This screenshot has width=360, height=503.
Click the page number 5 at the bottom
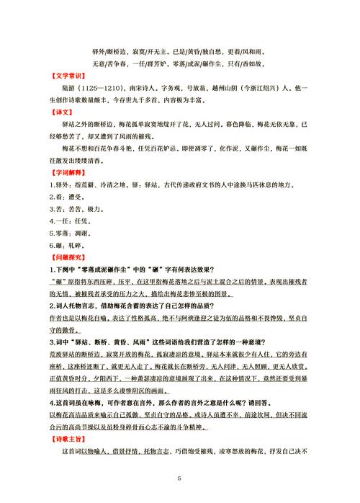coord(180,477)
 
